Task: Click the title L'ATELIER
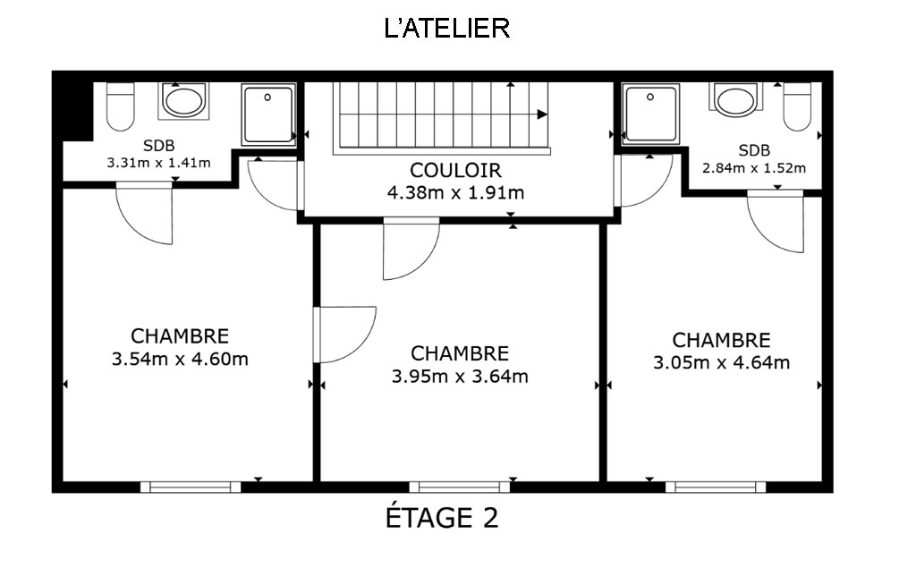447,29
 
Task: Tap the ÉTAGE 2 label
442,518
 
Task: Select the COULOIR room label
455,170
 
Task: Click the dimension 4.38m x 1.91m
455,192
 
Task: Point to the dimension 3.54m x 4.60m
180,359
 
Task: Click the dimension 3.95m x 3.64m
460,377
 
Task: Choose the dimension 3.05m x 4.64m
722,362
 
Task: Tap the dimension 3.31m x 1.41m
158,163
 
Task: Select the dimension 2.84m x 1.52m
754,168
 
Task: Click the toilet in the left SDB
121,106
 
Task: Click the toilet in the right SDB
797,106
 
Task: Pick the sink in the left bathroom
183,101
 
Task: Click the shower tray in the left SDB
268,114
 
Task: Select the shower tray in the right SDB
651,114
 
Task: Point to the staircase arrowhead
543,114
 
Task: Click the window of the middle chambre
459,487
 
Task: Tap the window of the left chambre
191,487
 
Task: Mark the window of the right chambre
716,487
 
